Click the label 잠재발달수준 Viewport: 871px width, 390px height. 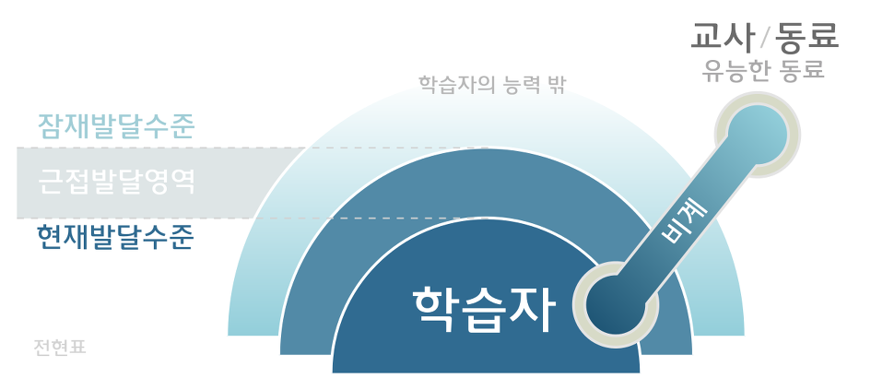tap(115, 125)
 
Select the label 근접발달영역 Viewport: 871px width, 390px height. tap(116, 181)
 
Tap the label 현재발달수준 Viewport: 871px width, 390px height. tap(115, 238)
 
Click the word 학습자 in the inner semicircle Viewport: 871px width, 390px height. tap(485, 310)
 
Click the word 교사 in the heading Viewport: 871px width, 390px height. tap(723, 36)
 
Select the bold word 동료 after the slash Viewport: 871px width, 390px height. tap(807, 36)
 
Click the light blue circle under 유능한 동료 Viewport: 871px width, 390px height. tap(758, 135)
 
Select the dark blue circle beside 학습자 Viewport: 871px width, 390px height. tap(616, 303)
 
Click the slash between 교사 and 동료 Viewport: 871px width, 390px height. tap(765, 38)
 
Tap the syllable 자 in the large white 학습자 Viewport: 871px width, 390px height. tap(534, 310)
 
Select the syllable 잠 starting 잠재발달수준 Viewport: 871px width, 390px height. tap(50, 125)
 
